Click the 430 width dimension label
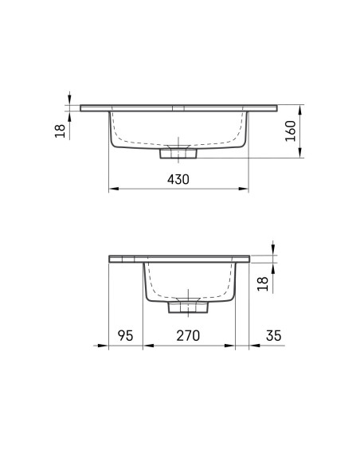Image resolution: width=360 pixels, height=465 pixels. (178, 179)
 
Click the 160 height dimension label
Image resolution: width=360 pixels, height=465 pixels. (291, 131)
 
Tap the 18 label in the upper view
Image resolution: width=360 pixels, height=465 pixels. (60, 131)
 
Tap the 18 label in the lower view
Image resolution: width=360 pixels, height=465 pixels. (263, 283)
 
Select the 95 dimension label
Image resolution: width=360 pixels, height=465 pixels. (125, 335)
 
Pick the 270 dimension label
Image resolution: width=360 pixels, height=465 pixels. (188, 335)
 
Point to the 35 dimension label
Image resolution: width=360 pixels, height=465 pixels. (273, 335)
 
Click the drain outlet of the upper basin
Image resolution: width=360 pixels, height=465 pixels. (178, 154)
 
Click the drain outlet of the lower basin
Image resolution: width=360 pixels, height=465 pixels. (188, 307)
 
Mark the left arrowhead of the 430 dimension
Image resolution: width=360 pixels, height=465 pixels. (114, 189)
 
